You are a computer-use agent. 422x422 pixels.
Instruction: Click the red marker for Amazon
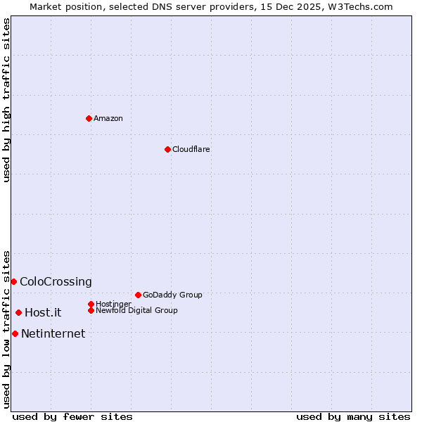pyautogui.click(x=89, y=118)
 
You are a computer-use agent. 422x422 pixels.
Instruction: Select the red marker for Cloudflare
pyautogui.click(x=167, y=149)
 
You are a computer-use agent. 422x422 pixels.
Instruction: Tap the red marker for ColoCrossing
pyautogui.click(x=13, y=281)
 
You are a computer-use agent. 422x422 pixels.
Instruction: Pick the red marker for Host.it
pyautogui.click(x=18, y=312)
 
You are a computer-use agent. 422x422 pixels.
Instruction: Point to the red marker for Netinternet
pyautogui.click(x=15, y=333)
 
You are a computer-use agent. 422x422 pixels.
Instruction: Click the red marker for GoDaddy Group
pyautogui.click(x=138, y=295)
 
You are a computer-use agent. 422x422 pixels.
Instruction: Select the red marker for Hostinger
pyautogui.click(x=91, y=304)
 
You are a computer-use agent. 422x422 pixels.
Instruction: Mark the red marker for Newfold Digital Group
pyautogui.click(x=91, y=310)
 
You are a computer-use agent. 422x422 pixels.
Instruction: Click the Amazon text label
pyautogui.click(x=108, y=118)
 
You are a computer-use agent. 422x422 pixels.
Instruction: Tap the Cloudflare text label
pyautogui.click(x=191, y=149)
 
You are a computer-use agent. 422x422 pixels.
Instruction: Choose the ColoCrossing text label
pyautogui.click(x=56, y=281)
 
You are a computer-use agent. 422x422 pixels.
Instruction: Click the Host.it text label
pyautogui.click(x=43, y=312)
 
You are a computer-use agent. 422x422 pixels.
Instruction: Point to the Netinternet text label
pyautogui.click(x=53, y=333)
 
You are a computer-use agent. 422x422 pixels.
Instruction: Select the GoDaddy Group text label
pyautogui.click(x=172, y=295)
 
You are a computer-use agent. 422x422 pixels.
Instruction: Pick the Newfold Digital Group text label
pyautogui.click(x=136, y=310)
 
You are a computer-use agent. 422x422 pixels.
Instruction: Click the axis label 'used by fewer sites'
pyautogui.click(x=72, y=416)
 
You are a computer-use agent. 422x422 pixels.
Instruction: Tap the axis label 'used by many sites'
pyautogui.click(x=353, y=416)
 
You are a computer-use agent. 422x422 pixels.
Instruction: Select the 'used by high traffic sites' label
pyautogui.click(x=6, y=100)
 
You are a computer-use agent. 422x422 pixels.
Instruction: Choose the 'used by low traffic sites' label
pyautogui.click(x=6, y=328)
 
